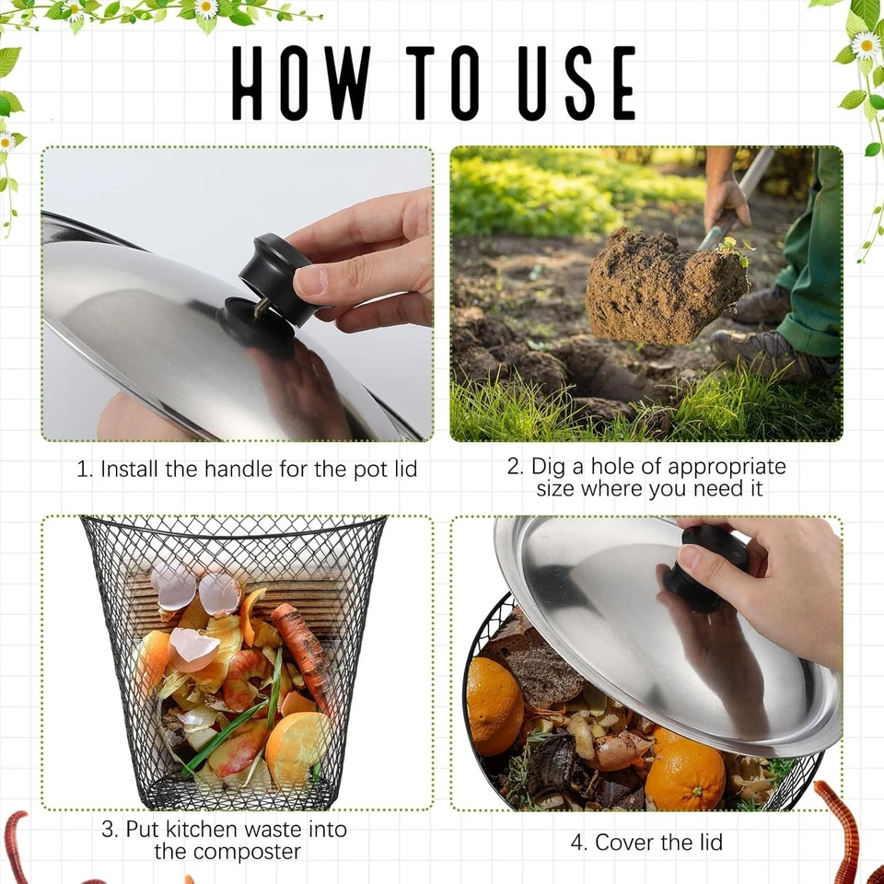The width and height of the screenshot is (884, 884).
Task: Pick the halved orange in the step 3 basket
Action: coord(297,745)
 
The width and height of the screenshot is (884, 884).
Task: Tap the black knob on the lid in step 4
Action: coord(705,567)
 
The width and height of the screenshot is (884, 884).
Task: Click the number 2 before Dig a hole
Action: coord(514,466)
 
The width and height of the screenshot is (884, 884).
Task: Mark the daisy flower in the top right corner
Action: coord(865,44)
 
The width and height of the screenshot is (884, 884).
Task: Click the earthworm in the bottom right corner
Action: coord(843,829)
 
